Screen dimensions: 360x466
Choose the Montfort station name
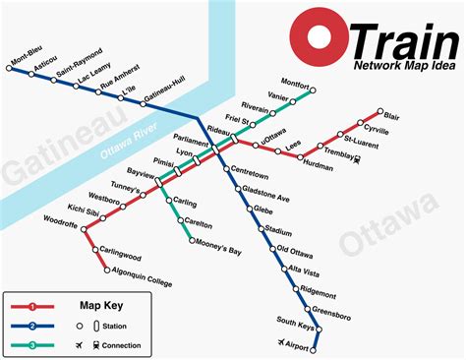pyautogui.click(x=294, y=84)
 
